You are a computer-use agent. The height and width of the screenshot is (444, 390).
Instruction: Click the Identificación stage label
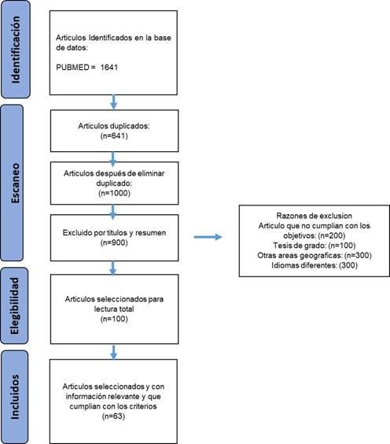(x=16, y=50)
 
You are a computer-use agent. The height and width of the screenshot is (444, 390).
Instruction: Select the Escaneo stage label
(x=16, y=183)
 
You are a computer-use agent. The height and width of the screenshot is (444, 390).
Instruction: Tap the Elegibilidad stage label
(x=14, y=305)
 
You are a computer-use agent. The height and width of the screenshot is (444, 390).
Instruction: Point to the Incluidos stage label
(x=15, y=397)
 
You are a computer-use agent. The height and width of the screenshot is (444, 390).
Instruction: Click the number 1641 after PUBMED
(x=109, y=68)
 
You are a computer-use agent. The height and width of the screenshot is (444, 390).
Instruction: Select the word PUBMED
(x=73, y=68)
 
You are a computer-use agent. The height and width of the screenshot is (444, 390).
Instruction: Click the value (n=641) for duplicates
(x=114, y=136)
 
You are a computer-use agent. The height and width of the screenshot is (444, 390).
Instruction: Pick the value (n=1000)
(x=114, y=193)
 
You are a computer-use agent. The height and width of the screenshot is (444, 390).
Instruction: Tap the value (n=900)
(x=114, y=242)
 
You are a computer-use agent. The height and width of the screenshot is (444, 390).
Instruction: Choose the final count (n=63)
(x=113, y=416)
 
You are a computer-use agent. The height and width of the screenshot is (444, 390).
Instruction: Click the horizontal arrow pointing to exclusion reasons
(x=208, y=237)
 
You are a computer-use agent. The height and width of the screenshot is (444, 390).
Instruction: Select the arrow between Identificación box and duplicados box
(x=114, y=102)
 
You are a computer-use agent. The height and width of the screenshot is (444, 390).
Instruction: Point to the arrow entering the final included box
(x=114, y=352)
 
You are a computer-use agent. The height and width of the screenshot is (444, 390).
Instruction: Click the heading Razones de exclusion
(x=315, y=216)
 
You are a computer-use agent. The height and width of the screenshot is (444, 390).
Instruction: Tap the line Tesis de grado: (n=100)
(x=315, y=245)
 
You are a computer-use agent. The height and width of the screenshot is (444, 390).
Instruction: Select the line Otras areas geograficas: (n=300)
(x=315, y=255)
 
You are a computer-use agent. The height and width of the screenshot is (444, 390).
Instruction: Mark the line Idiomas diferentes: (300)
(x=315, y=265)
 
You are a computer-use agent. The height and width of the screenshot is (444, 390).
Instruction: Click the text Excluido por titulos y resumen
(x=114, y=233)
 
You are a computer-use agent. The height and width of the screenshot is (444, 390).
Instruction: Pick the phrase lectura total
(x=114, y=309)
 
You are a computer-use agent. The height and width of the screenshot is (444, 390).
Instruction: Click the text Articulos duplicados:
(x=114, y=126)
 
